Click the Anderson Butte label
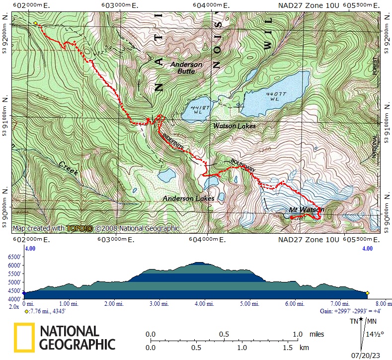186,68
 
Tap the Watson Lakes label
235,126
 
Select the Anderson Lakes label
189,198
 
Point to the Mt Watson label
306,210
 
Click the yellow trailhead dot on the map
35,23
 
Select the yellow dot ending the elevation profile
367,293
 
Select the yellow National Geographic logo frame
24,337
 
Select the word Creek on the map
68,168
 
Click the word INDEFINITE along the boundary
174,141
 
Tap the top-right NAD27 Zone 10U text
309,5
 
